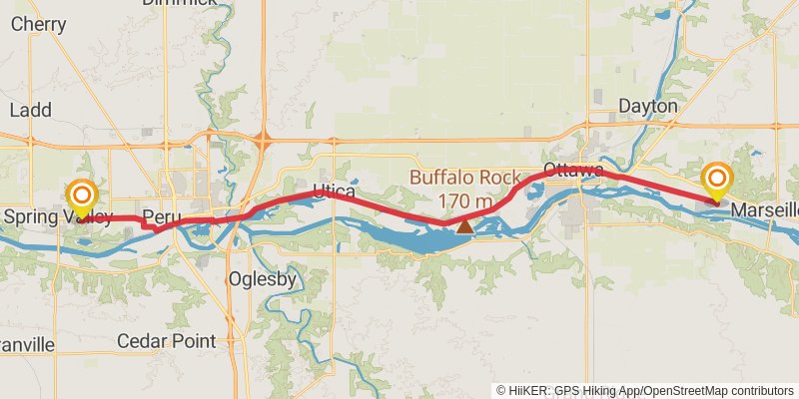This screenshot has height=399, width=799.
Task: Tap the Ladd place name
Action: click(30, 110)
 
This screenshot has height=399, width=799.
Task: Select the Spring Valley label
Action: click(58, 216)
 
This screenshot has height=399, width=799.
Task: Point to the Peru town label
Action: click(160, 216)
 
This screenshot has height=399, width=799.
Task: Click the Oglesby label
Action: click(262, 279)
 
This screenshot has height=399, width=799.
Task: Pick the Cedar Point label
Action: click(166, 341)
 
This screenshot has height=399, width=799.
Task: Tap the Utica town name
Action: click(334, 190)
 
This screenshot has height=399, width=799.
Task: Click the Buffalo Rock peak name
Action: click(465, 179)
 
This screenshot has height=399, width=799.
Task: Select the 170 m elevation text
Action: click(465, 201)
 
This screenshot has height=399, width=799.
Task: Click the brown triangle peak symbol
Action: click(464, 226)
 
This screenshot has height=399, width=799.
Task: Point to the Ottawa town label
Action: click(572, 169)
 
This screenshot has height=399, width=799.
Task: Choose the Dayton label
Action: click(647, 106)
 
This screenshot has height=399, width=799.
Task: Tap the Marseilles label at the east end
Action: click(765, 210)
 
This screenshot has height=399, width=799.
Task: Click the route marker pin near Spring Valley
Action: click(81, 196)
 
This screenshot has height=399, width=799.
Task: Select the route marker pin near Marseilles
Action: click(717, 181)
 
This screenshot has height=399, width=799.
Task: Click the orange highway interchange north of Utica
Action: click(264, 141)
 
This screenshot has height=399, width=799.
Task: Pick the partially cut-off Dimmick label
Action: click(179, 3)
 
